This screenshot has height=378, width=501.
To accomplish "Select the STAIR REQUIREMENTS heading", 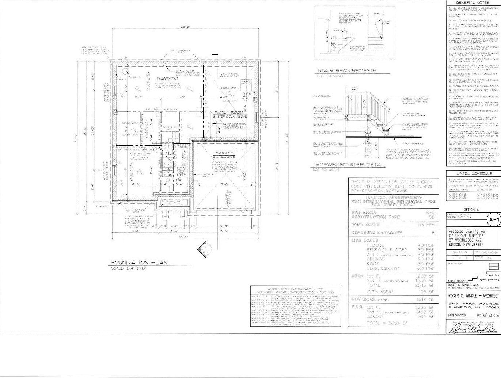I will pos(346,70).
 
